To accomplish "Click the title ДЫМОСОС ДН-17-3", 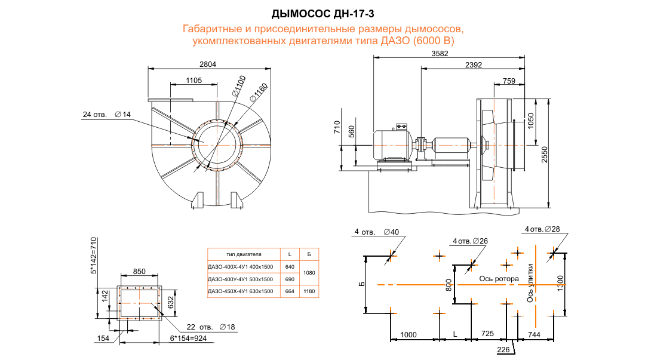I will coord(322,13).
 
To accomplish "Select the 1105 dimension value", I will coord(193,80).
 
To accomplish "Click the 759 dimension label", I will coord(509,80).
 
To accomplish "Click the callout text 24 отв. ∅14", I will coord(106,114).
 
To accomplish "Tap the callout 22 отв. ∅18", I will coord(206,327).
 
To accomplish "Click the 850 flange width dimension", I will coord(139,271).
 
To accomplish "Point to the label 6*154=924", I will coord(189,338).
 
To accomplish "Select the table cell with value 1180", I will coord(309,291).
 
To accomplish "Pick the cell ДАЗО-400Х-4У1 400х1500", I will coord(239,266).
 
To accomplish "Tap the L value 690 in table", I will coord(290,279).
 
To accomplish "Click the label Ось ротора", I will coord(499,278).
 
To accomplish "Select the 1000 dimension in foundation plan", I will coord(408,334).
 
